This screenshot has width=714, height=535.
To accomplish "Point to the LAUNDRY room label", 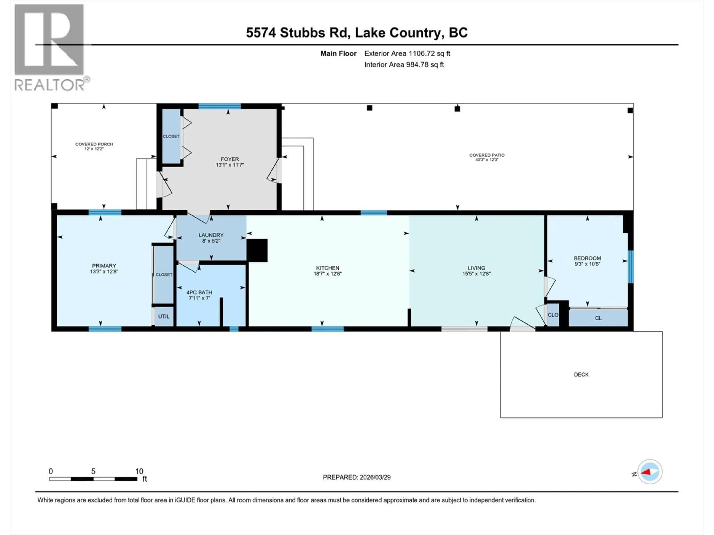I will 211,235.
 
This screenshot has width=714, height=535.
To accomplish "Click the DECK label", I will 581,374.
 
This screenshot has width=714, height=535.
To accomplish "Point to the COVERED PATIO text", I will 487,155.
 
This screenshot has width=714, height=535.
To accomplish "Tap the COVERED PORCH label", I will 94,144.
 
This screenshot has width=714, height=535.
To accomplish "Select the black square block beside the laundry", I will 257,250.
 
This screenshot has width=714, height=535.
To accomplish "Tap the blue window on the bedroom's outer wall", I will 630,267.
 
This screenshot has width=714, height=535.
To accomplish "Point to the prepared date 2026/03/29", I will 356,477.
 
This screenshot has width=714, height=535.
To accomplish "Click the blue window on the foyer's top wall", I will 219,106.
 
